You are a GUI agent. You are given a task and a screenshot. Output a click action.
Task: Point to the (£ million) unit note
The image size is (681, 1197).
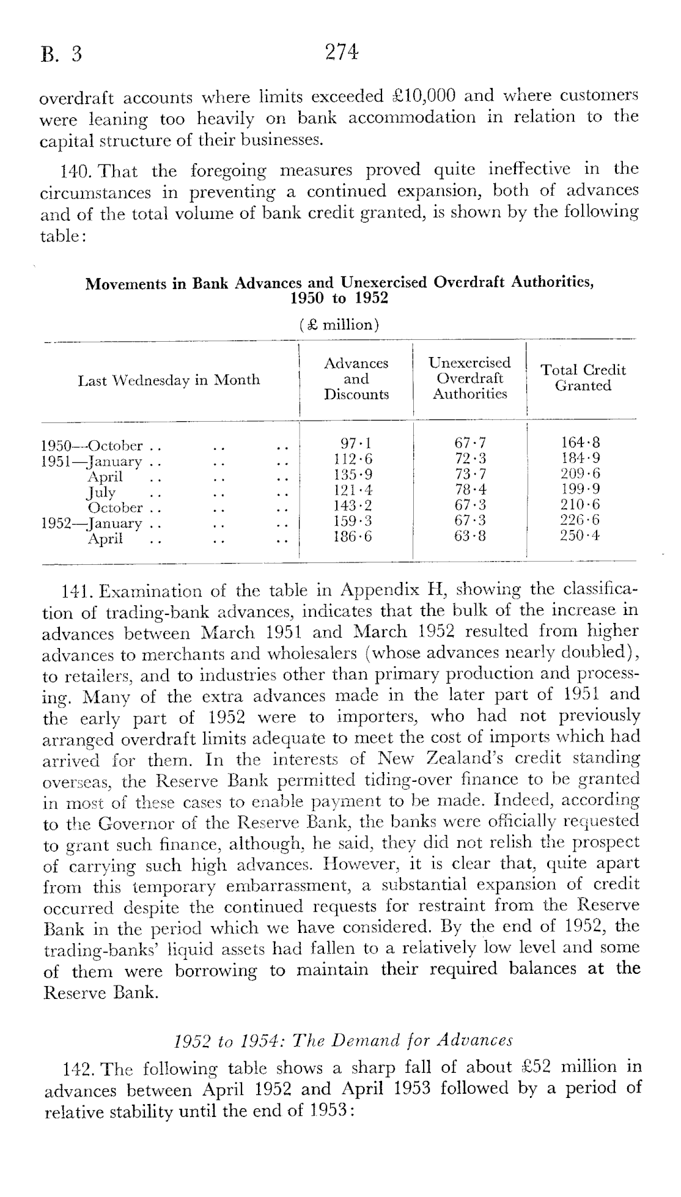tap(340, 325)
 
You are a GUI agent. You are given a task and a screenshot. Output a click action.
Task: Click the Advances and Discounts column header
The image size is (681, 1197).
tap(356, 379)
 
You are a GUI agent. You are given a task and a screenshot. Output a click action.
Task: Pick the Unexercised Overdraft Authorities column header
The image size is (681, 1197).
tap(470, 378)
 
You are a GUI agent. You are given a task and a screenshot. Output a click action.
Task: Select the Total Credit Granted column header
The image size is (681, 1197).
tap(583, 378)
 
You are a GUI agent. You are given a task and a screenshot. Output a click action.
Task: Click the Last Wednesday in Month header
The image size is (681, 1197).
tap(169, 380)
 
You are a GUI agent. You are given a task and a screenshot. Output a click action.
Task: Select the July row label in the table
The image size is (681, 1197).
tap(101, 492)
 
